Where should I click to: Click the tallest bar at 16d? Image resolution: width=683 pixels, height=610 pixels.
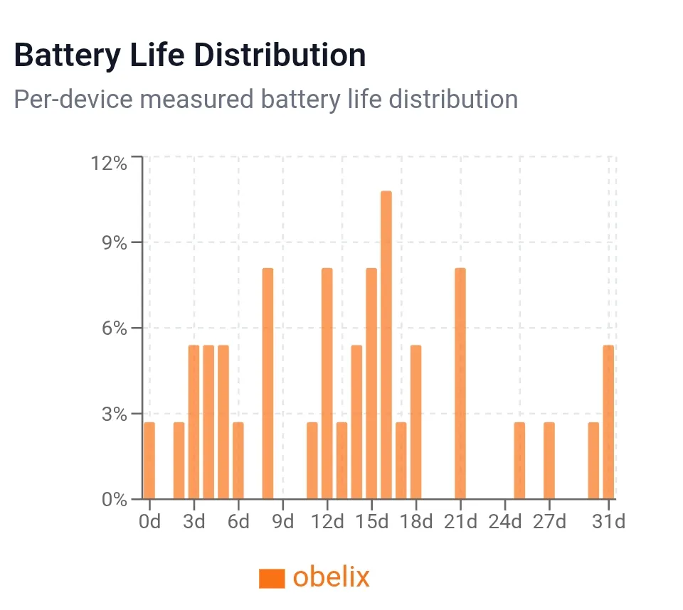(x=386, y=345)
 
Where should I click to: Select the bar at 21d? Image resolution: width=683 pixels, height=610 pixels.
(x=460, y=383)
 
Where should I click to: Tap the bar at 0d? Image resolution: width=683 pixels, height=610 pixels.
(x=149, y=460)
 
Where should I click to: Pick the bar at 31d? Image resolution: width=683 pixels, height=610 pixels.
(x=608, y=422)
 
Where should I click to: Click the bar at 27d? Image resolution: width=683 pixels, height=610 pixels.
(x=549, y=460)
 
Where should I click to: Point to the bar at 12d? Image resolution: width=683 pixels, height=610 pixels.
(x=327, y=383)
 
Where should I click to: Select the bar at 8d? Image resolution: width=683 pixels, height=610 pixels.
(x=268, y=383)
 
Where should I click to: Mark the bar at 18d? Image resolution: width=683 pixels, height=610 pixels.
(x=416, y=422)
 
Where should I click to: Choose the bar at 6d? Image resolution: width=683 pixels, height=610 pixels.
(x=238, y=460)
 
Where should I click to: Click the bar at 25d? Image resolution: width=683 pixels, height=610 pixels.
(x=519, y=460)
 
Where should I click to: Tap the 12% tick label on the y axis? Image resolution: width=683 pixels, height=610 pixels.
(x=109, y=164)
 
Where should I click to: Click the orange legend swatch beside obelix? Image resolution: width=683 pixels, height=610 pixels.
(x=272, y=578)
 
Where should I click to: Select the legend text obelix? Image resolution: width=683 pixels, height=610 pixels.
(x=332, y=577)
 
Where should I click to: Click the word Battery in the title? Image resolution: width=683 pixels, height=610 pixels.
(x=67, y=55)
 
